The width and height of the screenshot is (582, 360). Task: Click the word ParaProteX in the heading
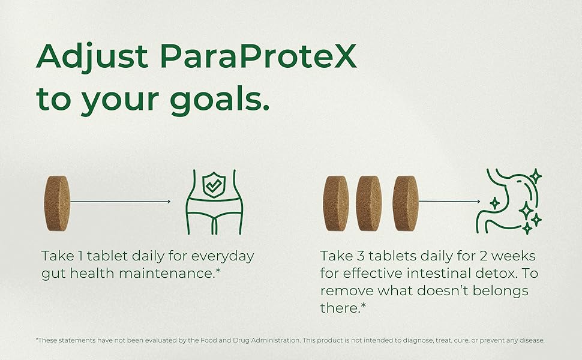coord(258,56)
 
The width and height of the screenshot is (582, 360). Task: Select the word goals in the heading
coord(219,100)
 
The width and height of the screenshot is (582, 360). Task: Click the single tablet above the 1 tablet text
coord(57,203)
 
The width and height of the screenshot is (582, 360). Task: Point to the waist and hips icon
coord(214,202)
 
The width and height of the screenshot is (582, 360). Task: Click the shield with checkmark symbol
coord(214,184)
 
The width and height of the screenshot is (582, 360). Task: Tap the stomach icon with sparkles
coord(509,202)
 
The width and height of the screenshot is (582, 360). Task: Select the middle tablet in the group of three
coord(368,203)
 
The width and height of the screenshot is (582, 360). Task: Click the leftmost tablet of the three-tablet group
coord(336,203)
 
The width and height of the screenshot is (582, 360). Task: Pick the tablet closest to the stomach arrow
coord(406,203)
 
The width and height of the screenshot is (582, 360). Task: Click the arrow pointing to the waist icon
coord(120,202)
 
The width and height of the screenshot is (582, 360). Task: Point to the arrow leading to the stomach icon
coord(449,201)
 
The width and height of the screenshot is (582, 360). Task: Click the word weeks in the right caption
coord(514,256)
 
